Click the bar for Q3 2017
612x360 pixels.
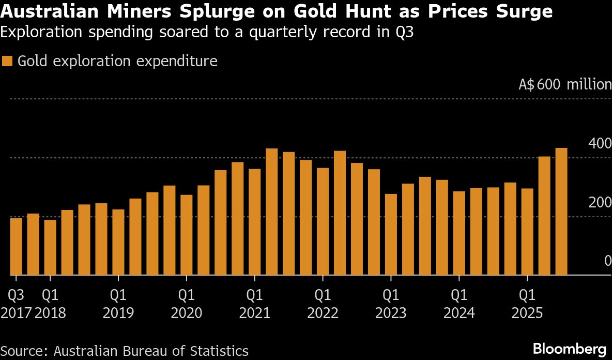pyautogui.click(x=16, y=247)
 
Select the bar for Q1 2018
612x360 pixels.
pyautogui.click(x=50, y=248)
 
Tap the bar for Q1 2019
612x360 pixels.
pyautogui.click(x=118, y=243)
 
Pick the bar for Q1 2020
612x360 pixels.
pyautogui.click(x=187, y=235)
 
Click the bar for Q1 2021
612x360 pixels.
pyautogui.click(x=255, y=222)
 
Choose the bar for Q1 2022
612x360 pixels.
pyautogui.click(x=323, y=222)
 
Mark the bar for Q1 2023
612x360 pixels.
pyautogui.click(x=391, y=235)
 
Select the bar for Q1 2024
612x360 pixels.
pyautogui.click(x=460, y=233)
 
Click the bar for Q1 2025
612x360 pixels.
pyautogui.click(x=527, y=232)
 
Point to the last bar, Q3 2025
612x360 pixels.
pyautogui.click(x=561, y=212)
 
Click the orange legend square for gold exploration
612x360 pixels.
pyautogui.click(x=7, y=61)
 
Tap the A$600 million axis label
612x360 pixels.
pyautogui.click(x=564, y=85)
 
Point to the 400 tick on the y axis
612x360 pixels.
pyautogui.click(x=600, y=143)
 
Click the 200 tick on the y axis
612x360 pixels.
pyautogui.click(x=600, y=202)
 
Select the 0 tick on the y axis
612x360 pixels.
pyautogui.click(x=608, y=261)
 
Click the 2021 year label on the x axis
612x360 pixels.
pyautogui.click(x=255, y=313)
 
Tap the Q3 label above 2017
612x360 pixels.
pyautogui.click(x=16, y=295)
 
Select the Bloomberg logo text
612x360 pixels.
pyautogui.click(x=570, y=348)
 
